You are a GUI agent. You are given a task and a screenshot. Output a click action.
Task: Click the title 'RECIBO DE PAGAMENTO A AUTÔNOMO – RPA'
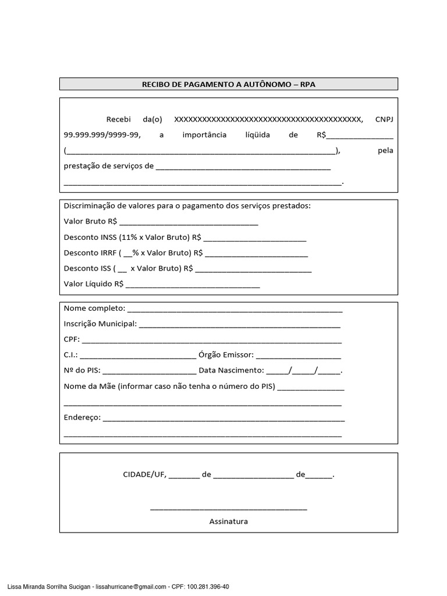tap(229, 84)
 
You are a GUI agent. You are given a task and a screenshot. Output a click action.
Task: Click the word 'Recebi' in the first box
tap(119, 119)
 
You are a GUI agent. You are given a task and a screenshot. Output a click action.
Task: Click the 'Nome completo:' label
tap(94, 308)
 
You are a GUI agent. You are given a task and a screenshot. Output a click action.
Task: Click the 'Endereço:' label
tap(82, 417)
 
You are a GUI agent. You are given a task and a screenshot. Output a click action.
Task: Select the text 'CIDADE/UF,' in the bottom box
tap(144, 475)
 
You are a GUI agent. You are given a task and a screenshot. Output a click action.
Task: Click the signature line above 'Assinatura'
tap(228, 509)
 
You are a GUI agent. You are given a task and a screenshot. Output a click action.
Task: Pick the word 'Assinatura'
tap(228, 521)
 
